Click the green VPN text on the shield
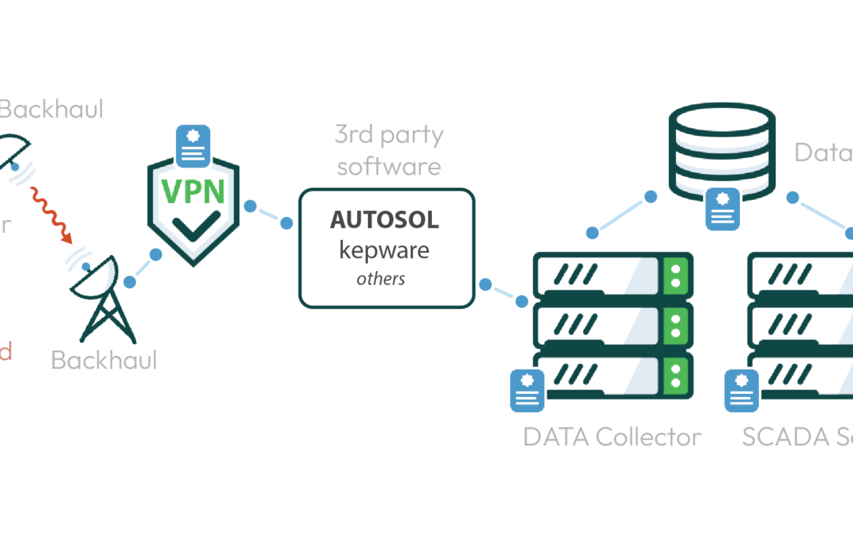194,193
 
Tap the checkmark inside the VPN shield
194,227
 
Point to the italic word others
381,279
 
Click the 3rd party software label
388,150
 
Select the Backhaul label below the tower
103,360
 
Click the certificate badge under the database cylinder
722,209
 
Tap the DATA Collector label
612,437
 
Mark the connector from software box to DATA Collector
503,291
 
